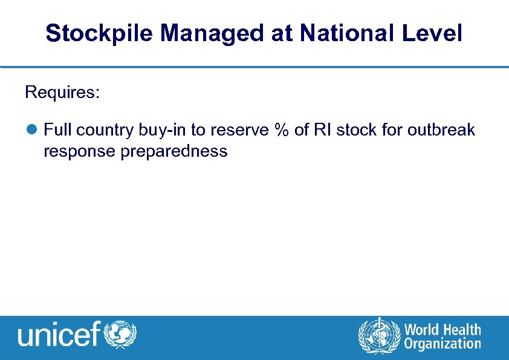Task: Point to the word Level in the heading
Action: [435, 33]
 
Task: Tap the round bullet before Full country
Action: [31, 130]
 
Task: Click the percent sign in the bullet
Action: [281, 130]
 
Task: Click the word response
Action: [80, 152]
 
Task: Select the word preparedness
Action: [174, 152]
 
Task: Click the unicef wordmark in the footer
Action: [59, 334]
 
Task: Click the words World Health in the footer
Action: [443, 330]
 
